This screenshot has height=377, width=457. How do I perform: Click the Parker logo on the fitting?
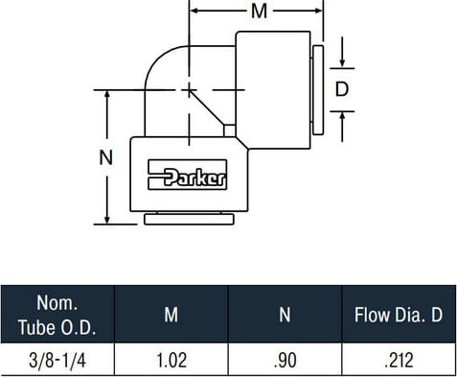[x=188, y=175]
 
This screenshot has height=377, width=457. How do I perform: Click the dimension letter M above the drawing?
[x=259, y=12]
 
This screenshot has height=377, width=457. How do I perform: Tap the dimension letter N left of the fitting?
[x=106, y=157]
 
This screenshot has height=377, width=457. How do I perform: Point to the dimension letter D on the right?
[x=342, y=89]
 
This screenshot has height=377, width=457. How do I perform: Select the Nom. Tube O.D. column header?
[x=57, y=315]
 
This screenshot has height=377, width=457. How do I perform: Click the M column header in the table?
[x=171, y=315]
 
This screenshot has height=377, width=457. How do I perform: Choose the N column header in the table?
[x=285, y=315]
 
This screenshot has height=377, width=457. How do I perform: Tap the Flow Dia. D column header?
[x=399, y=315]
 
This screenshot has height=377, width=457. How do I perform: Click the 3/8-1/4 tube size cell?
[x=57, y=361]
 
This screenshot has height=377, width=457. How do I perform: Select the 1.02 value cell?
[x=171, y=361]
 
